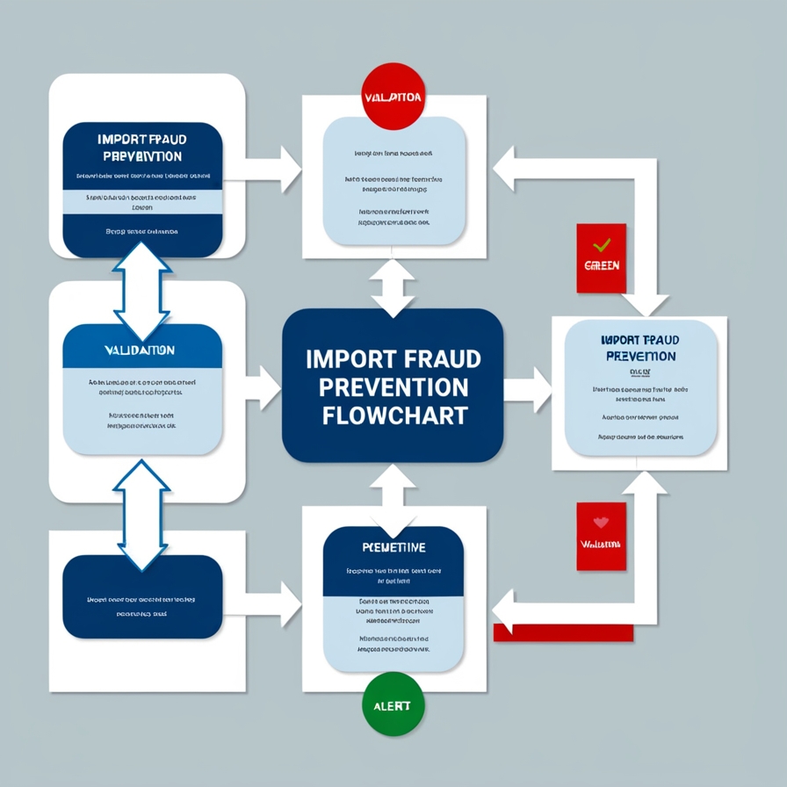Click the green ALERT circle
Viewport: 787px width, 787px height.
392,705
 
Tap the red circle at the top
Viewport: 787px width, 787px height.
392,97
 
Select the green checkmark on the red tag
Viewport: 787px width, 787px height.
601,246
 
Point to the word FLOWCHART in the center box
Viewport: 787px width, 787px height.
393,415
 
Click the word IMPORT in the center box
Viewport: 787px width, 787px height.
348,358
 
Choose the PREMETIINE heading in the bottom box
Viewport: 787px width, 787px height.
393,547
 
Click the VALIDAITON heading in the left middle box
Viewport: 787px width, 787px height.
140,350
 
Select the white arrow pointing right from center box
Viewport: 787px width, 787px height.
527,386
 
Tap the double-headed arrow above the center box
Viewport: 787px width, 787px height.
393,286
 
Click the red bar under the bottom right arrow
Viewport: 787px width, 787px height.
563,632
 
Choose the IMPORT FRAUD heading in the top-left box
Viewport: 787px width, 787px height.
142,139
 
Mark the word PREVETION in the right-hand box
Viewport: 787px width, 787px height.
640,356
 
